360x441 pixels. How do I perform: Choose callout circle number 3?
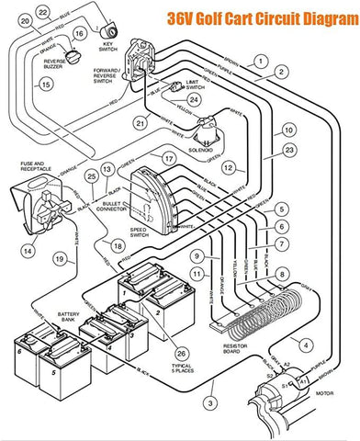(209, 403)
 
